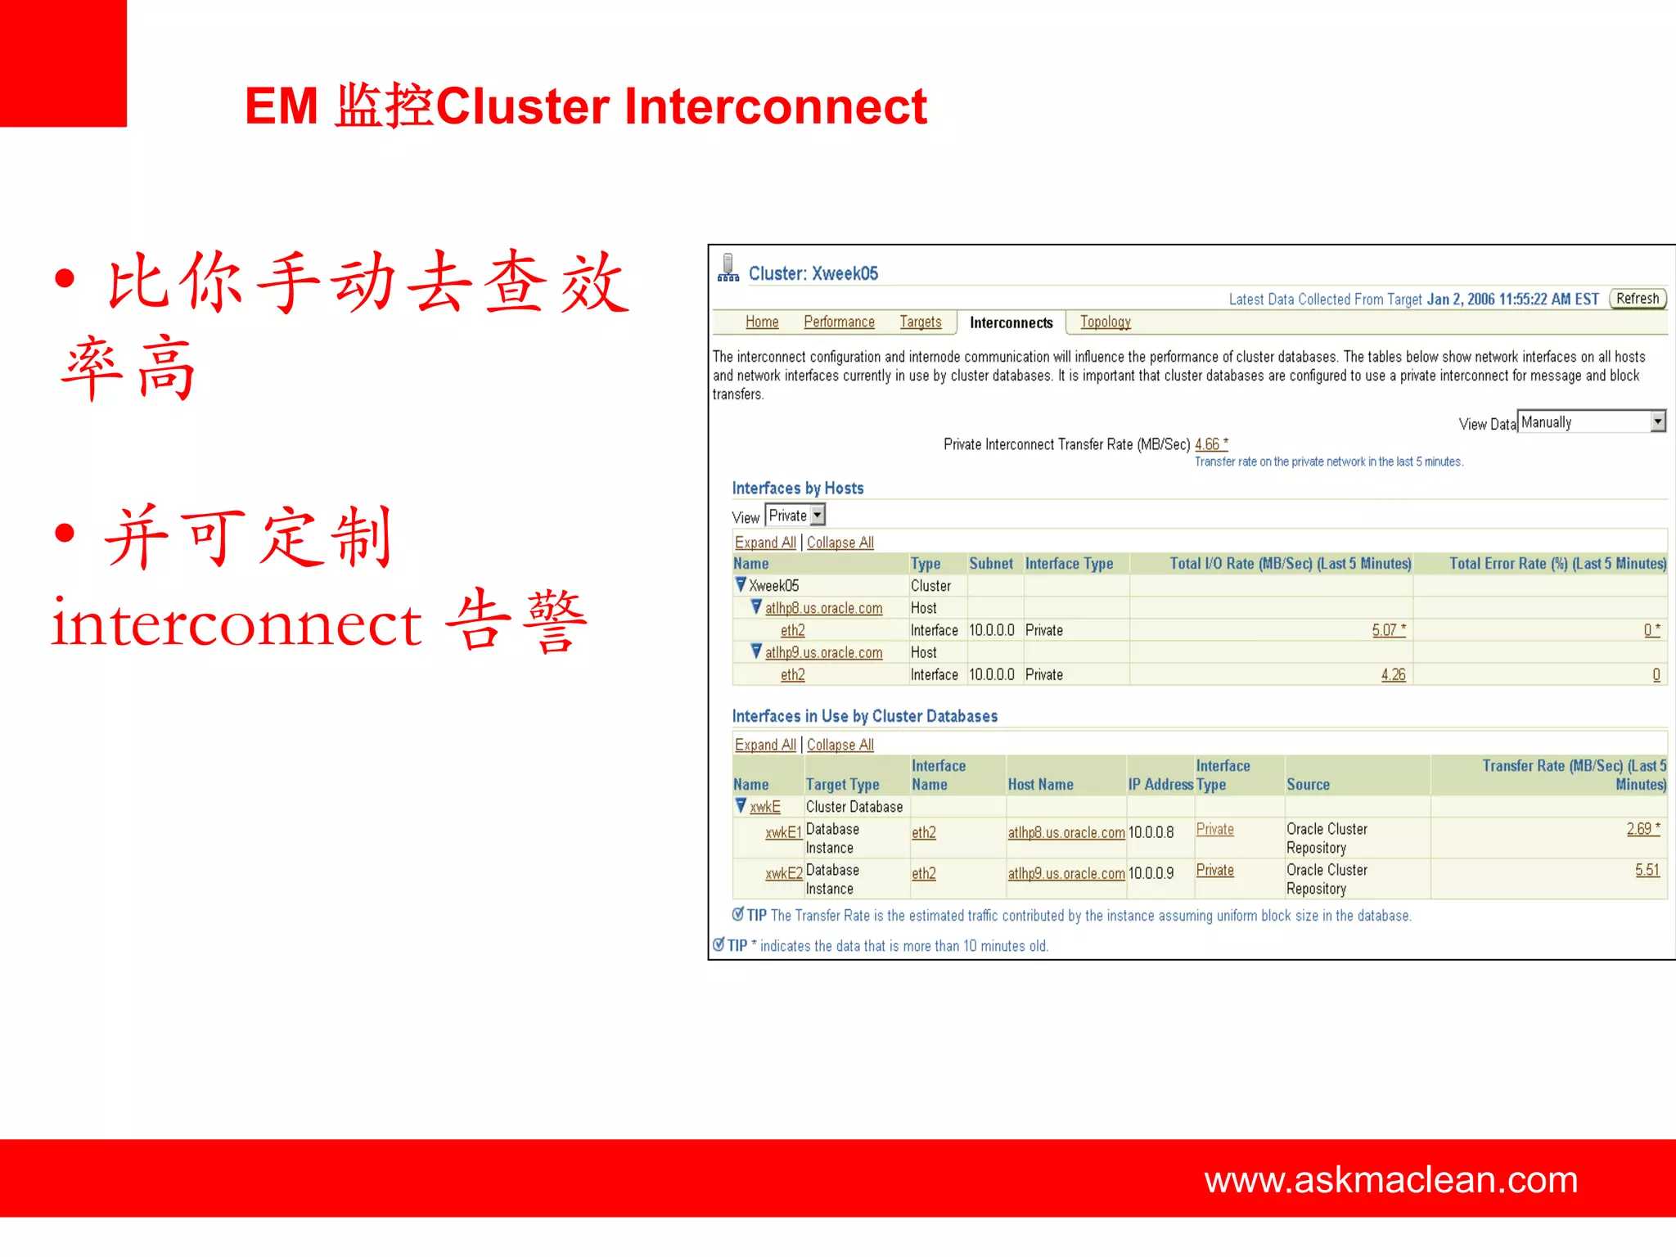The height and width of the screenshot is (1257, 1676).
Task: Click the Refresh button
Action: pyautogui.click(x=1637, y=299)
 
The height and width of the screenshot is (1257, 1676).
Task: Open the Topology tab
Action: pyautogui.click(x=1105, y=322)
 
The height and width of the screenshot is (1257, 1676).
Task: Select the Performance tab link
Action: pyautogui.click(x=839, y=322)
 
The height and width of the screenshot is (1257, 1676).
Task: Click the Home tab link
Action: pyautogui.click(x=762, y=322)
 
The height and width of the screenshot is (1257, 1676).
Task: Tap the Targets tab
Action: pyautogui.click(x=921, y=322)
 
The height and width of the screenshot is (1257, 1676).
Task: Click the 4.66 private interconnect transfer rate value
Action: pyautogui.click(x=1209, y=444)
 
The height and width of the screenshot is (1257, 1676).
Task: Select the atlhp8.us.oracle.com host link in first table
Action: pyautogui.click(x=823, y=608)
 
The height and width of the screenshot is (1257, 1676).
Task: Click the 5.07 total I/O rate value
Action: pyautogui.click(x=1386, y=630)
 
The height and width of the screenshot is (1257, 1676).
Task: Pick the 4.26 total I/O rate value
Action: pyautogui.click(x=1393, y=674)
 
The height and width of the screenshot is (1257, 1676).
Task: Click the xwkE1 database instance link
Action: pyautogui.click(x=783, y=832)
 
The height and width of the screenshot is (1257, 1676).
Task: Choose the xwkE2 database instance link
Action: pyautogui.click(x=783, y=873)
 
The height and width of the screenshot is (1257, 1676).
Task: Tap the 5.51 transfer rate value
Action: pyautogui.click(x=1647, y=870)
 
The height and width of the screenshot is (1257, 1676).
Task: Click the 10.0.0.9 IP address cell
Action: pyautogui.click(x=1151, y=873)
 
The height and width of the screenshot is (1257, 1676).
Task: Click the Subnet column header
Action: pyautogui.click(x=991, y=563)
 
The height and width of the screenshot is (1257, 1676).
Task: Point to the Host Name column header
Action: pyautogui.click(x=1040, y=784)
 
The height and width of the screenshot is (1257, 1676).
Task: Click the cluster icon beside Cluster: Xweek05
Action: pyautogui.click(x=728, y=268)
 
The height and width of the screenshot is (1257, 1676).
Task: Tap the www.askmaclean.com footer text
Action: pyautogui.click(x=1390, y=1179)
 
